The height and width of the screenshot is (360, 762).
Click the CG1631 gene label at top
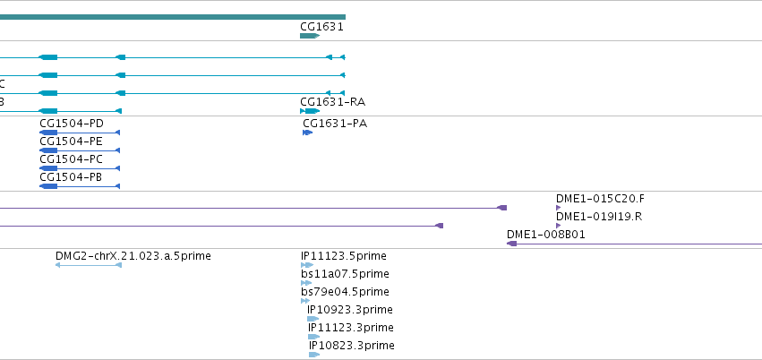pyautogui.click(x=321, y=27)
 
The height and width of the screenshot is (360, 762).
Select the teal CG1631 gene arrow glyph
pyautogui.click(x=310, y=36)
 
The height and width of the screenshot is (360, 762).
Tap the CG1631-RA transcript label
pyautogui.click(x=333, y=102)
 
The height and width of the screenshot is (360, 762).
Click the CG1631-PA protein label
pyautogui.click(x=335, y=124)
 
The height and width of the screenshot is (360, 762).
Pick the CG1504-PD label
pyautogui.click(x=72, y=124)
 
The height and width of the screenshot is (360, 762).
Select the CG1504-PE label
pyautogui.click(x=72, y=141)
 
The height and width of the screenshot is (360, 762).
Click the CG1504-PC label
pyautogui.click(x=72, y=159)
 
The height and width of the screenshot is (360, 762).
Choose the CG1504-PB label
pyautogui.click(x=71, y=177)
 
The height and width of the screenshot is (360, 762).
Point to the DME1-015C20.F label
pyautogui.click(x=600, y=199)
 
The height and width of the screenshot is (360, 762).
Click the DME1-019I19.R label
pyautogui.click(x=599, y=217)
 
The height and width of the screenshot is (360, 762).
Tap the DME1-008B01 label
pyautogui.click(x=545, y=235)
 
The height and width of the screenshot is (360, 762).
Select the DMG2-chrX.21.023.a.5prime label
pyautogui.click(x=133, y=256)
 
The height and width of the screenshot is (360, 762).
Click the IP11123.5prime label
pyautogui.click(x=344, y=256)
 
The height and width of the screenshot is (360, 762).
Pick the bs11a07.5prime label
pyautogui.click(x=345, y=274)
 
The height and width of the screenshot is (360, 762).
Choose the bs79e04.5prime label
pyautogui.click(x=345, y=292)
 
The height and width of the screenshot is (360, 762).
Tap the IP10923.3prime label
pyautogui.click(x=350, y=310)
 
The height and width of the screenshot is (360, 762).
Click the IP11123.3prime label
pyautogui.click(x=351, y=328)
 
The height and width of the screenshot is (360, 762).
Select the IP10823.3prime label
pyautogui.click(x=352, y=346)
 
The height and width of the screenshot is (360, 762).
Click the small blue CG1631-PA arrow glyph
pyautogui.click(x=308, y=133)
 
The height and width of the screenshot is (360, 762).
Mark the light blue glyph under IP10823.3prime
pyautogui.click(x=314, y=355)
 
